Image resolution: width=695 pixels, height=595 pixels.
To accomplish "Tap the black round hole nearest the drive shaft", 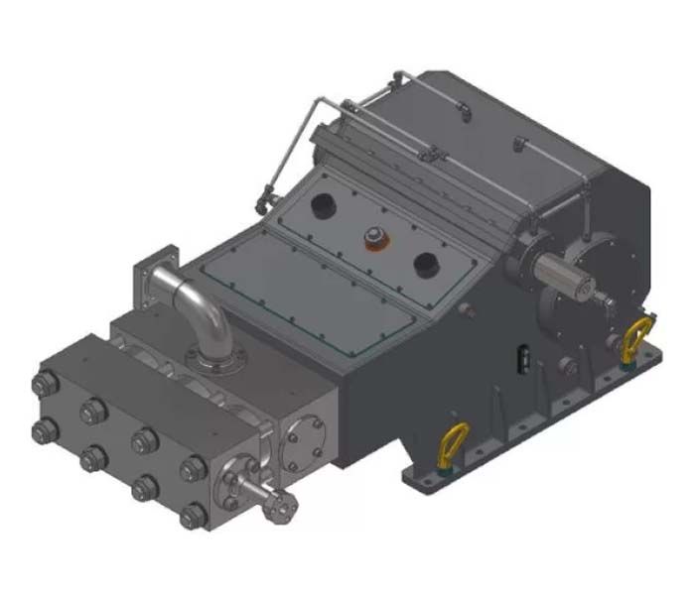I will pos(426,264).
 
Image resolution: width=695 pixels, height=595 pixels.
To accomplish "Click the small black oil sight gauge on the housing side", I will pos(518,355).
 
